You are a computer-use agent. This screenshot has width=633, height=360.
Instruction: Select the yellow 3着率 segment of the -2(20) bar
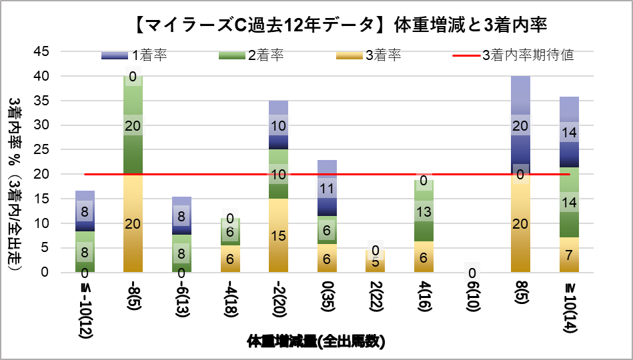pyautogui.click(x=278, y=235)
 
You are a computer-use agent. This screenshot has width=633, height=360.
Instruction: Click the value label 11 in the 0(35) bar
pyautogui.click(x=326, y=189)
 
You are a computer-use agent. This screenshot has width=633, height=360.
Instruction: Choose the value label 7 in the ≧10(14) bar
pyautogui.click(x=568, y=255)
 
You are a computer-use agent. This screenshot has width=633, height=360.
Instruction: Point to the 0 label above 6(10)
pyautogui.click(x=472, y=272)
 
